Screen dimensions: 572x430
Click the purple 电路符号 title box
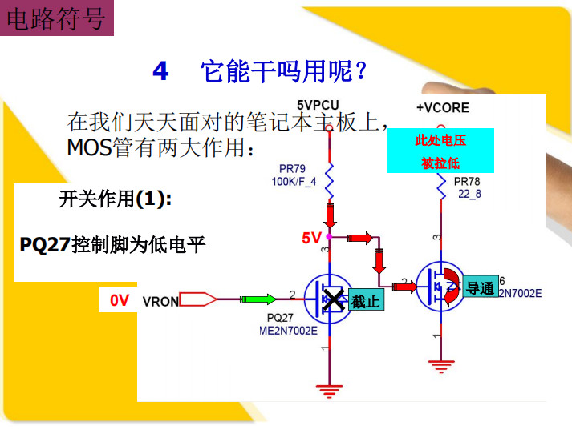click(56, 18)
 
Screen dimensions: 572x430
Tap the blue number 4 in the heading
click(160, 71)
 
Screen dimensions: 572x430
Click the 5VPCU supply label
click(318, 105)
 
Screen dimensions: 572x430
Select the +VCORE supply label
click(443, 108)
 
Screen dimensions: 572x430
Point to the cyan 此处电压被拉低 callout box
click(440, 151)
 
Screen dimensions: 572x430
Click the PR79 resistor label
click(292, 169)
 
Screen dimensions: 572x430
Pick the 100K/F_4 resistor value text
click(294, 181)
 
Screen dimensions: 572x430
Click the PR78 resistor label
click(467, 181)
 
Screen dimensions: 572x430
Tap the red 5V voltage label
click(311, 238)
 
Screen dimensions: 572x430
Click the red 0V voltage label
click(120, 300)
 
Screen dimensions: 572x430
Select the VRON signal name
click(160, 301)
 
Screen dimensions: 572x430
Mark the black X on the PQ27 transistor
click(333, 299)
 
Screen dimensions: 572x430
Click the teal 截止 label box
click(366, 299)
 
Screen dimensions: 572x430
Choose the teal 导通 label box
click(481, 287)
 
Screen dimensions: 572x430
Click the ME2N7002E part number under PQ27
click(288, 331)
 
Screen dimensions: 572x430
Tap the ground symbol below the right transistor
click(441, 367)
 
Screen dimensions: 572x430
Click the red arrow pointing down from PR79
click(330, 216)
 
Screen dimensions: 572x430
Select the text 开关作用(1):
click(116, 199)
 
